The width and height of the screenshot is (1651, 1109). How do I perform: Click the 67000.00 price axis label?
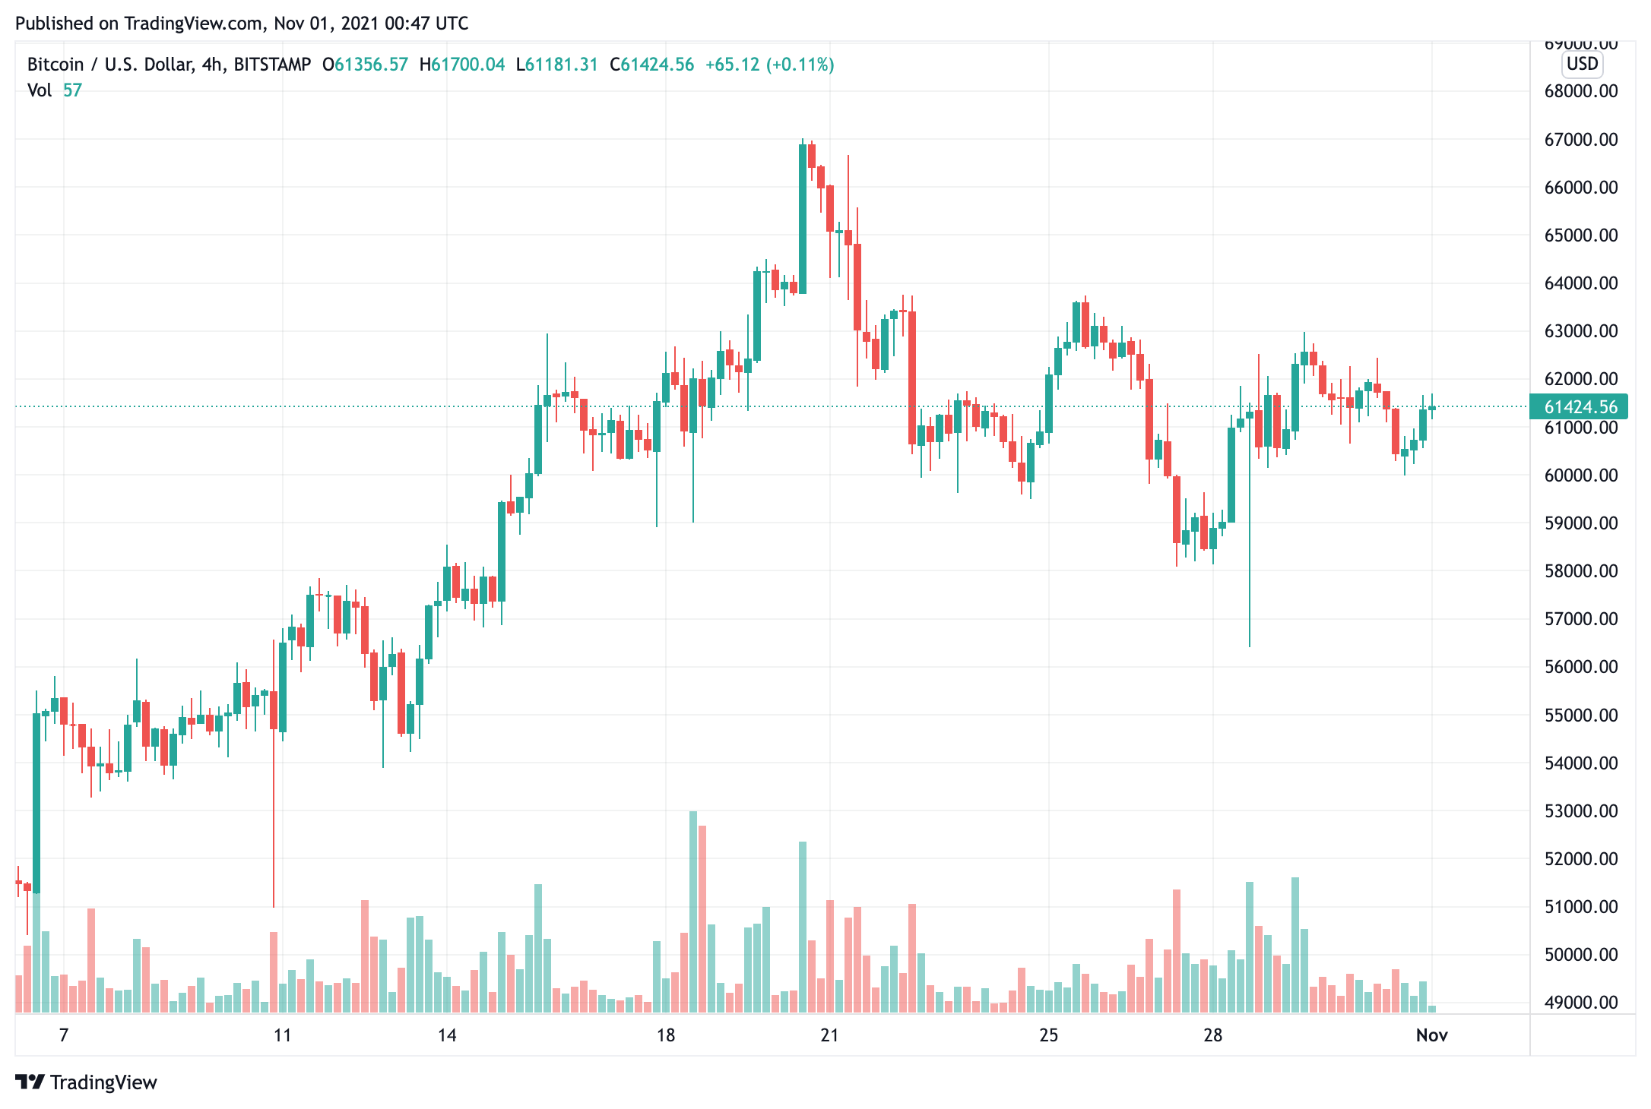point(1580,140)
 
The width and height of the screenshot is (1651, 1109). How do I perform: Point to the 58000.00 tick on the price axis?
point(1580,571)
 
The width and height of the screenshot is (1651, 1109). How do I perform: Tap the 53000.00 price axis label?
point(1580,811)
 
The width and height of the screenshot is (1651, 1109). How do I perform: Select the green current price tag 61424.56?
point(1579,407)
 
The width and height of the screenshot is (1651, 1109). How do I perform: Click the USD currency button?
point(1583,64)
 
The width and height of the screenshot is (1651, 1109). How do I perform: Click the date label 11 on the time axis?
point(282,1035)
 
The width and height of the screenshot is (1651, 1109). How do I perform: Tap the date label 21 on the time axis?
point(829,1035)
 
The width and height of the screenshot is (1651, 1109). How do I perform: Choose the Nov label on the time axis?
point(1431,1035)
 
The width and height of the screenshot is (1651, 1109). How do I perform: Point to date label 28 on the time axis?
point(1212,1035)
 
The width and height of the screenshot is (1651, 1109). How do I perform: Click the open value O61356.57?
point(365,65)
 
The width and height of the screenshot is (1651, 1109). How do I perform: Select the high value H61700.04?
point(462,65)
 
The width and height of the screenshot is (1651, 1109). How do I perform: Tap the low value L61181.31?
point(557,65)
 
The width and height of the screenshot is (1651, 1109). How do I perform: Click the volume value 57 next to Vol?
point(72,90)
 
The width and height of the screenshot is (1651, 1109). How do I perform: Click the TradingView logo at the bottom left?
point(86,1082)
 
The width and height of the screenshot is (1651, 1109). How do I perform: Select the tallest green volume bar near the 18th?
point(692,912)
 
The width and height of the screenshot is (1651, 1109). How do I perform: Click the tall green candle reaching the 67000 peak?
point(803,219)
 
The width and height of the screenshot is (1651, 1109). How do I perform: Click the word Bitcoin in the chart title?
point(55,65)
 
